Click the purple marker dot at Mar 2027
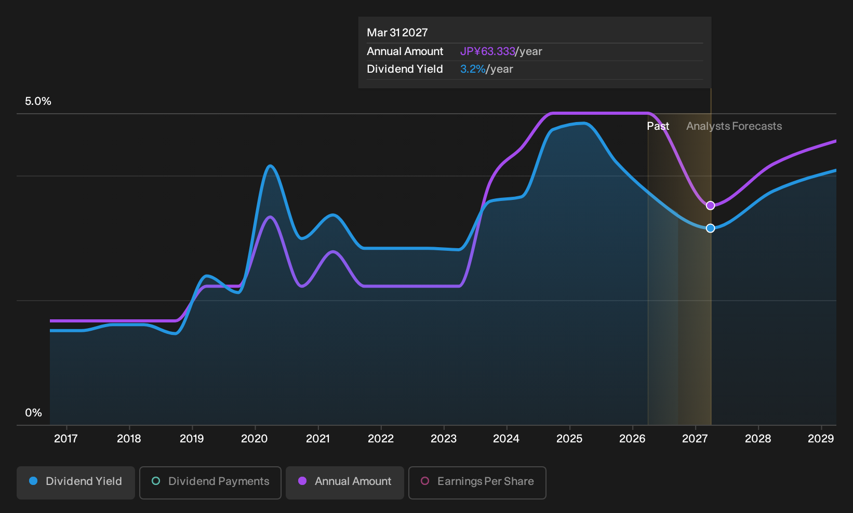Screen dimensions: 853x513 (x=710, y=206)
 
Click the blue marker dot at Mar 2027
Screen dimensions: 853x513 (x=710, y=228)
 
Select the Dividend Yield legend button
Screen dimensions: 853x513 (x=76, y=482)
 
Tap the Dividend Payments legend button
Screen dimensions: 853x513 (x=210, y=482)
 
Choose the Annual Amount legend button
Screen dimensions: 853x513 (x=344, y=482)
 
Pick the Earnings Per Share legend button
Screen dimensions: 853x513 (x=477, y=482)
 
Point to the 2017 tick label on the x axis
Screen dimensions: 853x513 (x=66, y=439)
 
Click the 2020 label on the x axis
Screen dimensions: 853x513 (x=255, y=439)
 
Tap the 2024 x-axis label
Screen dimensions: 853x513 (x=506, y=439)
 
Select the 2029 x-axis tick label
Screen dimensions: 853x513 (x=821, y=439)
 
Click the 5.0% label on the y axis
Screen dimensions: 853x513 (x=38, y=101)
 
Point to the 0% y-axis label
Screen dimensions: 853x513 (x=34, y=413)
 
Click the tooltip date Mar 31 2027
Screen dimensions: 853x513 (x=397, y=33)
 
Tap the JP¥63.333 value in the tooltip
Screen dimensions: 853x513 (x=487, y=51)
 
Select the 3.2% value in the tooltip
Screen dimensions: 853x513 (x=473, y=69)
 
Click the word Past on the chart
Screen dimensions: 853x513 (x=658, y=126)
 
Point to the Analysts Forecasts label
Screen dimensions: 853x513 (x=734, y=126)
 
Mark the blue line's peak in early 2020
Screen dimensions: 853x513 (x=270, y=166)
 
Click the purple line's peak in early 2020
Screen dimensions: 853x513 (x=270, y=218)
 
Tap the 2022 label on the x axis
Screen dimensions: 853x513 (x=380, y=439)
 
